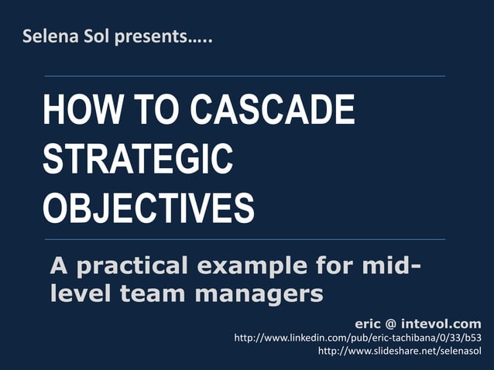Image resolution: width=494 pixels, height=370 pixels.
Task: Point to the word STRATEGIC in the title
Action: coord(138,159)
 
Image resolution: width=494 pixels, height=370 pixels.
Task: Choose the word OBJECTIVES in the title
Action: coord(148,208)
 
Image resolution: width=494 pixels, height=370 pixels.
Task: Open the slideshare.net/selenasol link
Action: coord(400,351)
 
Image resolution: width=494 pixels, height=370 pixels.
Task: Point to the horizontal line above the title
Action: coord(245,76)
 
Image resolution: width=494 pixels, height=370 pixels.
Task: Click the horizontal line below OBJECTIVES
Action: coord(245,239)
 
